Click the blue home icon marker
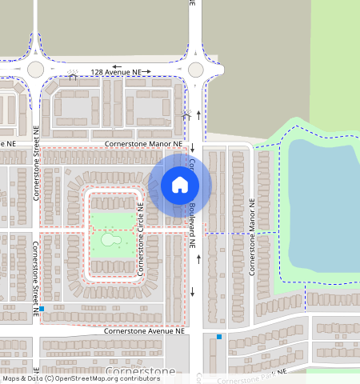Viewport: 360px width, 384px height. click(180, 186)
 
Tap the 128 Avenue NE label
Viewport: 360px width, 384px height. click(121, 73)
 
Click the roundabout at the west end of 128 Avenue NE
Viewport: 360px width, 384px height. click(36, 69)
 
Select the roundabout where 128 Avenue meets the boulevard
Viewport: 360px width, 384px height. click(195, 69)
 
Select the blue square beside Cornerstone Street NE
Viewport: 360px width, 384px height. click(42, 309)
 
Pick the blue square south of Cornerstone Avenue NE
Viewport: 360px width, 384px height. click(219, 337)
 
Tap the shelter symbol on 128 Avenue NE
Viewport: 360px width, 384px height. click(74, 78)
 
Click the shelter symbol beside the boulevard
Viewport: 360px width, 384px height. click(186, 117)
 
